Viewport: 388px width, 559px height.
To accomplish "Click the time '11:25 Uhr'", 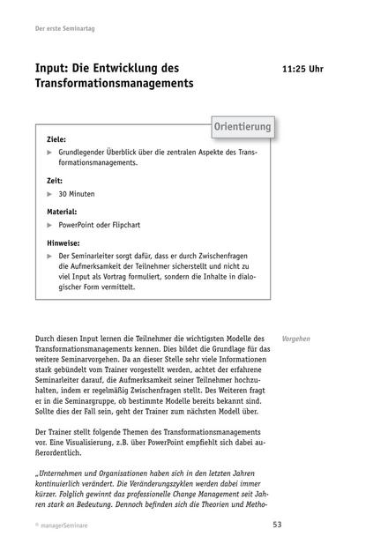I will [x=302, y=69].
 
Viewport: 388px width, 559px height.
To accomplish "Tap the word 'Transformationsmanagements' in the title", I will [x=114, y=85].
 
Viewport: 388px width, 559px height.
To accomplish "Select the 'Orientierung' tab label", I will [x=242, y=129].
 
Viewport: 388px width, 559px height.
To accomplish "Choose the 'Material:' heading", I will [x=62, y=212].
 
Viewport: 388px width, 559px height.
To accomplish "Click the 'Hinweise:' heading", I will [x=63, y=242].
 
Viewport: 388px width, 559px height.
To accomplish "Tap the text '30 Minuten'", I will [x=77, y=193].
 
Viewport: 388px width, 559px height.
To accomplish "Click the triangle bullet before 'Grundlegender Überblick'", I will [x=50, y=153].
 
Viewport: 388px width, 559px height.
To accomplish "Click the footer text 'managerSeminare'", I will [x=64, y=526].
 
